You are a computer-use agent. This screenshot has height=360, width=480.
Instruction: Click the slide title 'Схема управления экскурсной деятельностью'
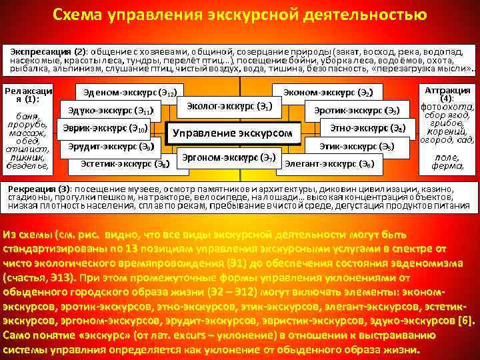[239, 15]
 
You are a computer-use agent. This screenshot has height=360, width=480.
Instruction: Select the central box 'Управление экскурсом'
[233, 132]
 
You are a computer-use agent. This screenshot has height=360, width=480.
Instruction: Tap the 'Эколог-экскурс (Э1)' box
[228, 105]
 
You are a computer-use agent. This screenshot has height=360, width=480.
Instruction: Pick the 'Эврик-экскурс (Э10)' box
[108, 127]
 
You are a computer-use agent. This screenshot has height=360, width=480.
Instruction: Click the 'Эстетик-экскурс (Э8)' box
[124, 163]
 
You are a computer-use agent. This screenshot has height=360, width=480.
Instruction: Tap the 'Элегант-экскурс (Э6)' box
[329, 163]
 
